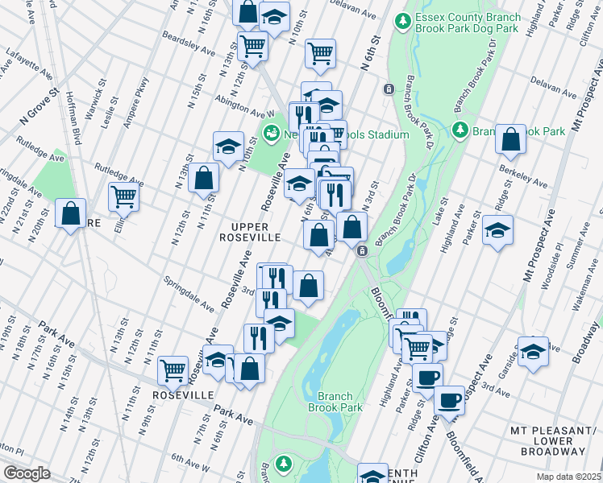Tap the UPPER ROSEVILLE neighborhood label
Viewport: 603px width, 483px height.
(251, 232)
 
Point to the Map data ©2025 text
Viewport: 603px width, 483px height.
(569, 477)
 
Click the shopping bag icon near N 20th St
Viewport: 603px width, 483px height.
(71, 214)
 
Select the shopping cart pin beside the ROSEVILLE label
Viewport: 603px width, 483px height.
(173, 369)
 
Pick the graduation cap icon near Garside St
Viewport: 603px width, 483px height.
(533, 351)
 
